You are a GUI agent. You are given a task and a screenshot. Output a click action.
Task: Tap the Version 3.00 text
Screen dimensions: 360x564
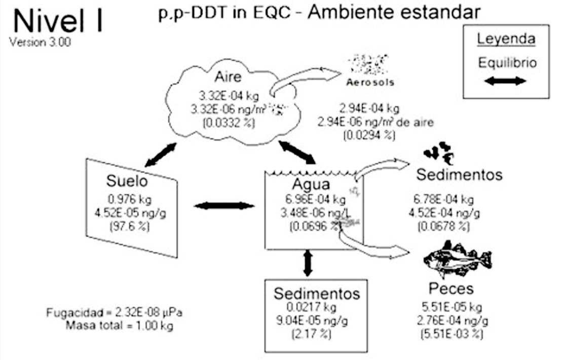click(40, 42)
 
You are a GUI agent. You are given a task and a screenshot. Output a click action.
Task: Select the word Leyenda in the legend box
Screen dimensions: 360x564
click(506, 39)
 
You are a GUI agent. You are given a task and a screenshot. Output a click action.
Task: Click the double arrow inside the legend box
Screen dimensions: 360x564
click(506, 81)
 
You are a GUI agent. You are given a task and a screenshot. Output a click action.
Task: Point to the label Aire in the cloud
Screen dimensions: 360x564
click(228, 77)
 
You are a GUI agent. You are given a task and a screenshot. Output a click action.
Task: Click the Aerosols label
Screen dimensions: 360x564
click(370, 82)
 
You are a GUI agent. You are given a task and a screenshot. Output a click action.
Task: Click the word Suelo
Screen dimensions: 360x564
click(126, 181)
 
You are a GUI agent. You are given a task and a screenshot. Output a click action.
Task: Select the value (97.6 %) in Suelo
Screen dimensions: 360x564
click(129, 227)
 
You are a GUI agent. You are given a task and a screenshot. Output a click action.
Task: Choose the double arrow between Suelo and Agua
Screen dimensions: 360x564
click(224, 205)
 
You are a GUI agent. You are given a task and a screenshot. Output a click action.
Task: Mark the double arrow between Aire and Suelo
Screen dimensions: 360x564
click(161, 154)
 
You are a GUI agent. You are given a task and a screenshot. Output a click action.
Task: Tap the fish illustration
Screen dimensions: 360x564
click(456, 259)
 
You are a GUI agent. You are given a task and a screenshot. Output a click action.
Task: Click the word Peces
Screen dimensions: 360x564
click(450, 289)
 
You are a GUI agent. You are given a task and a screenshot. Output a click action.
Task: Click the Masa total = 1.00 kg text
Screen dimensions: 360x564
click(119, 325)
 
